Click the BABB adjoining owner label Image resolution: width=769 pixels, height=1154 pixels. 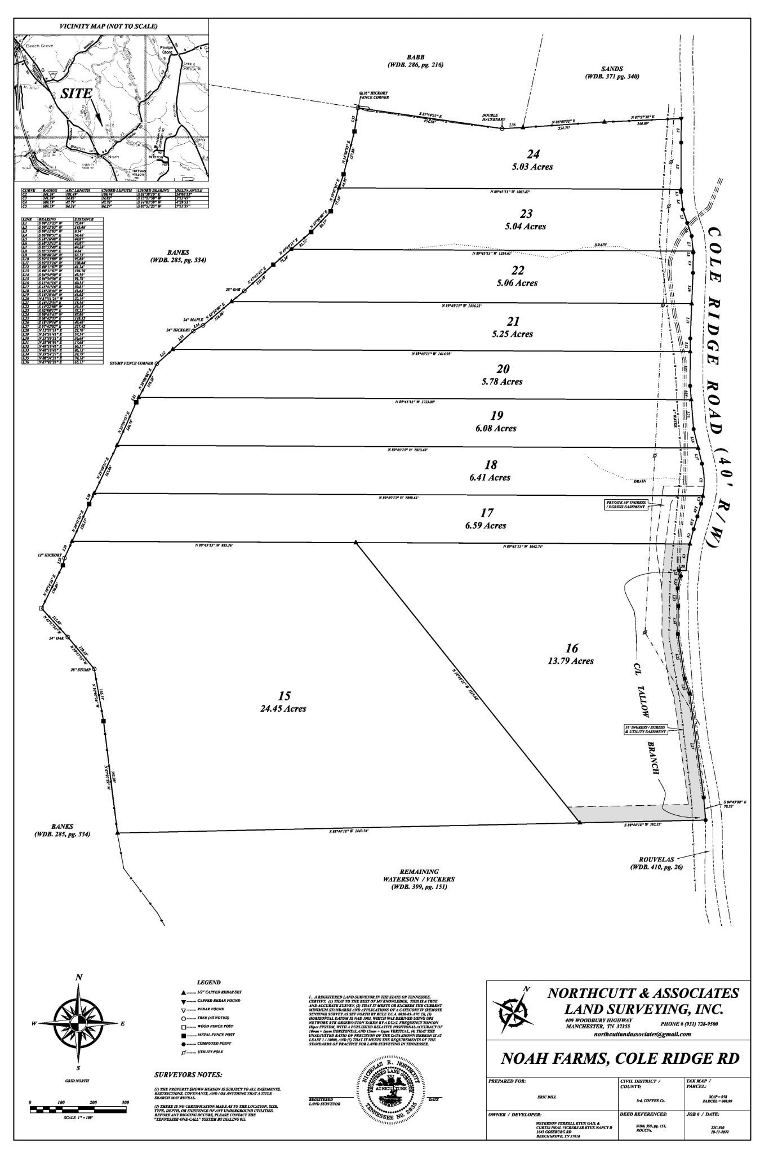[x=415, y=57]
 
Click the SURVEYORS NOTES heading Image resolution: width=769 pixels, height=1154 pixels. [x=188, y=1075]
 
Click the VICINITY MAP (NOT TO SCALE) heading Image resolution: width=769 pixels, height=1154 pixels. [x=109, y=26]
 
